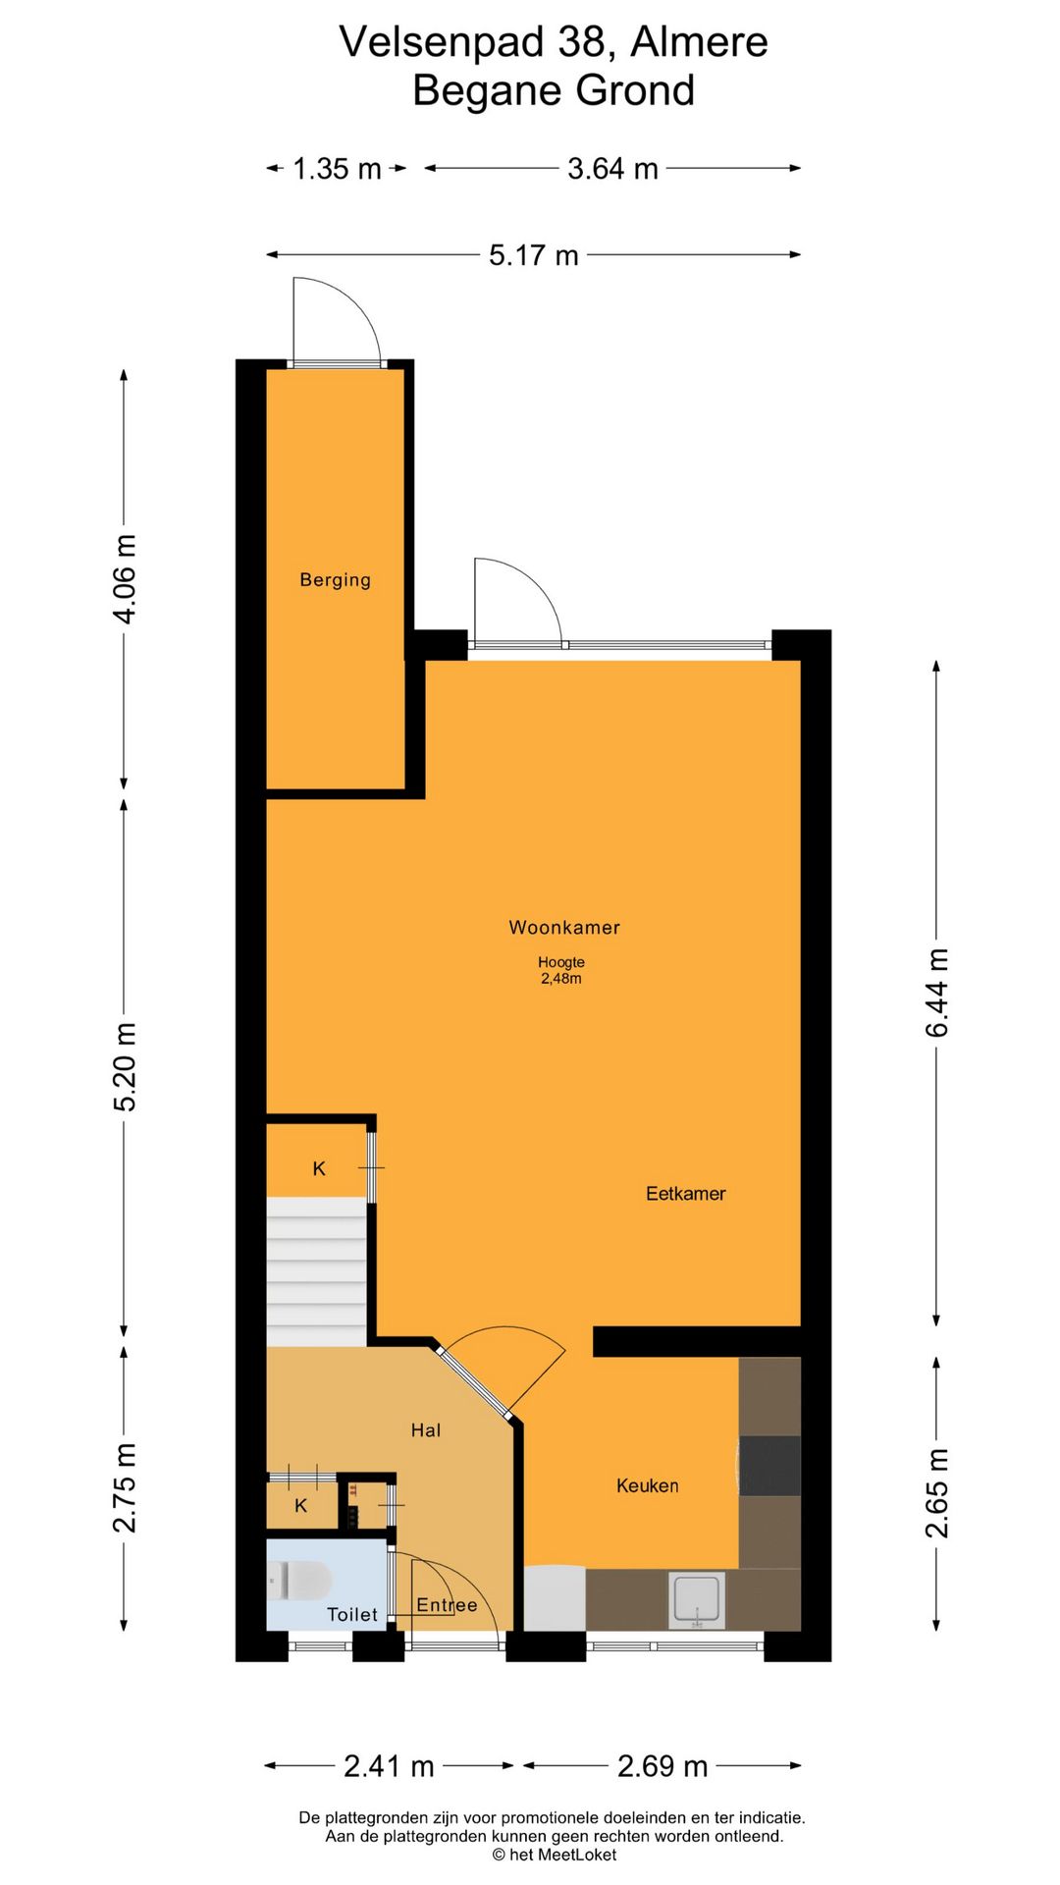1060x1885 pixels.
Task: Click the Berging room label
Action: tap(336, 580)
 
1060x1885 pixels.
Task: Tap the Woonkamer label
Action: tap(564, 928)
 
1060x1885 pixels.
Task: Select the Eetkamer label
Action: tap(686, 1194)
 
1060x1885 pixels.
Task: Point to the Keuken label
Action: tap(648, 1485)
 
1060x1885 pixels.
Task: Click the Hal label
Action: tap(426, 1430)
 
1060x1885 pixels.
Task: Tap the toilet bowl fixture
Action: tap(299, 1580)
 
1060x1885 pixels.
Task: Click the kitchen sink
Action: tap(698, 1600)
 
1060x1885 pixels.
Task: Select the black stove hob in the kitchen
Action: tap(769, 1466)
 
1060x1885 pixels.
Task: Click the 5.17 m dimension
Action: tap(534, 255)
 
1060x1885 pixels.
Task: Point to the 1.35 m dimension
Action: tap(337, 169)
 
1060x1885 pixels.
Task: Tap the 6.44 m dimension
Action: tap(937, 994)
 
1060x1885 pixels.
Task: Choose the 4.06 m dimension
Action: tap(125, 579)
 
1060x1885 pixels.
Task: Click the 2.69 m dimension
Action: tap(662, 1766)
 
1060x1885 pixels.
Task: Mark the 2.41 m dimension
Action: tap(389, 1766)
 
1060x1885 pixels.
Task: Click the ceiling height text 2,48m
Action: tap(561, 979)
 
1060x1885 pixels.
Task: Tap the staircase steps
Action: tap(316, 1271)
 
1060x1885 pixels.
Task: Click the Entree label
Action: tap(447, 1605)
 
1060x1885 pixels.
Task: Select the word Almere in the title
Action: tap(699, 42)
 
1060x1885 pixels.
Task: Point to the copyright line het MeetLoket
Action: tap(555, 1855)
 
